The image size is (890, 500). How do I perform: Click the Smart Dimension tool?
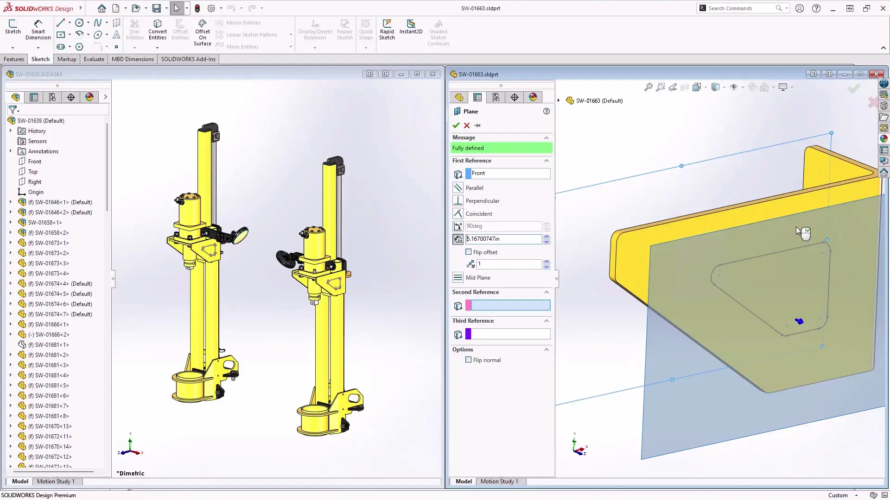click(x=38, y=29)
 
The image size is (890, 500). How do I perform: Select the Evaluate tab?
click(x=94, y=59)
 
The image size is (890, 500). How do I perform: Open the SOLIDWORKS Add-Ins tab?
click(x=188, y=59)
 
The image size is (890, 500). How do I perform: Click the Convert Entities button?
click(x=158, y=29)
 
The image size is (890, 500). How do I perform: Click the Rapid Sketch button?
click(x=387, y=29)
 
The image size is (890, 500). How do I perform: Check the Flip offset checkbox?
click(x=469, y=252)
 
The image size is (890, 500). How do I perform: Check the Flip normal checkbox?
click(x=469, y=360)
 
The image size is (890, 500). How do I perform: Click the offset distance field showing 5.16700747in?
click(x=503, y=239)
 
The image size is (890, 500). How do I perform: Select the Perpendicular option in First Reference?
click(x=482, y=201)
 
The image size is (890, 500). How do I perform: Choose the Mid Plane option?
click(x=477, y=278)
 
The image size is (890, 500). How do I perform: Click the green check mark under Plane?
click(x=456, y=125)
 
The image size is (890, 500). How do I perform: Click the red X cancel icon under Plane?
click(x=467, y=125)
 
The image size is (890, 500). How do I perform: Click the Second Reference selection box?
click(x=510, y=306)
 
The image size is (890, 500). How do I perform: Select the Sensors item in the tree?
click(x=37, y=141)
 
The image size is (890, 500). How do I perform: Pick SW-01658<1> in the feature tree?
click(x=45, y=223)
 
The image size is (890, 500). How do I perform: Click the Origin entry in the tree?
click(x=36, y=192)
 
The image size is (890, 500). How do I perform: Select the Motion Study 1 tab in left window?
click(x=56, y=481)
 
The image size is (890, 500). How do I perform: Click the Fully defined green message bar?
click(x=502, y=148)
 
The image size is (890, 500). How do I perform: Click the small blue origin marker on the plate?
click(x=799, y=321)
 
